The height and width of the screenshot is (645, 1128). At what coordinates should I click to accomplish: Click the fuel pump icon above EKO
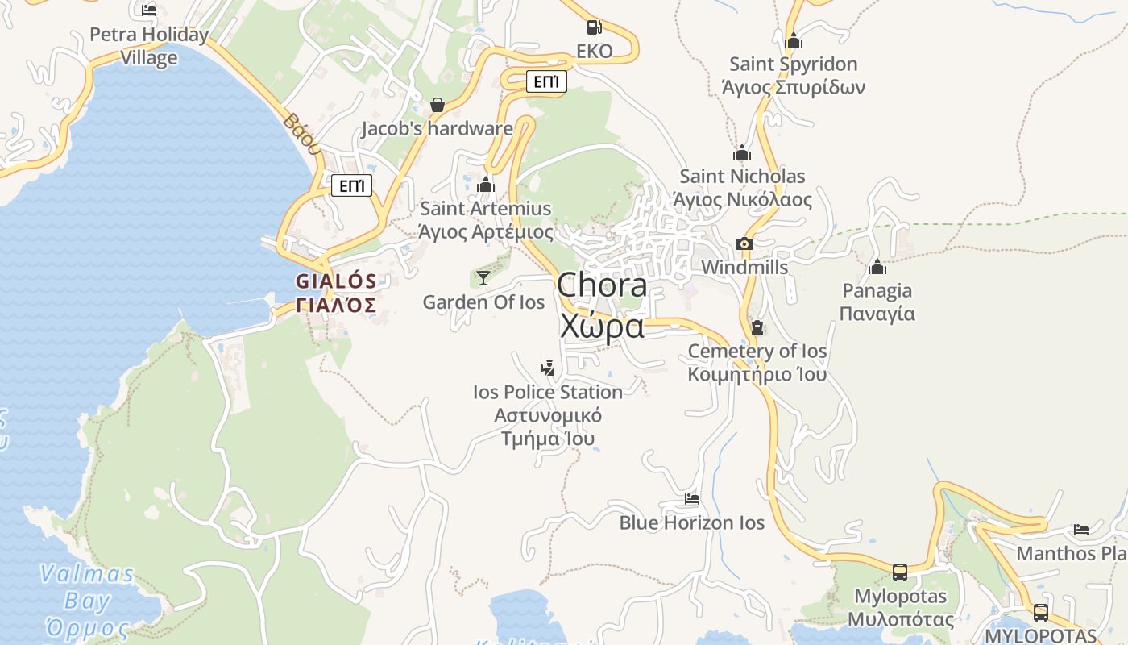click(x=594, y=27)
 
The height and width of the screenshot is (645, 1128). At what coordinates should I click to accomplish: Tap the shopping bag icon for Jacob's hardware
click(x=438, y=105)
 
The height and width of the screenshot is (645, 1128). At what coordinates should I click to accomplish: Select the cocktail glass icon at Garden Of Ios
click(x=483, y=278)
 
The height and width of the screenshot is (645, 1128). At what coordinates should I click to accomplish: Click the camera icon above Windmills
click(x=744, y=243)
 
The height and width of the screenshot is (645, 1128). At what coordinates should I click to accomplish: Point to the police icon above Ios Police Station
click(x=548, y=368)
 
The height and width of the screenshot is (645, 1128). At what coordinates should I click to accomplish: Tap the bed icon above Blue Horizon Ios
click(x=691, y=499)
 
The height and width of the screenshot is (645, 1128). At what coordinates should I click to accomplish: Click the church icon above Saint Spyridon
click(x=794, y=40)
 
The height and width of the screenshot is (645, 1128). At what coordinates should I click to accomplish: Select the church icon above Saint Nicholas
click(x=742, y=152)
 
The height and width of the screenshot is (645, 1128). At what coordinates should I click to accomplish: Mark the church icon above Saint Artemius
click(x=486, y=185)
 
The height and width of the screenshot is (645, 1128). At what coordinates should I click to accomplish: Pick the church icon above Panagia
click(x=877, y=267)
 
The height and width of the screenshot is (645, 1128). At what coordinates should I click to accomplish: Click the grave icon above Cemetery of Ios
click(x=757, y=327)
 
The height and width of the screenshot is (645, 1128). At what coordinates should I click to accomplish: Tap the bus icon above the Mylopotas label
click(x=900, y=572)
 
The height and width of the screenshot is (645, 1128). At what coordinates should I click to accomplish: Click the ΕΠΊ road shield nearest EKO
click(x=546, y=81)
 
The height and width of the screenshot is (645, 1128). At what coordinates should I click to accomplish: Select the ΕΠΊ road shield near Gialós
click(x=352, y=186)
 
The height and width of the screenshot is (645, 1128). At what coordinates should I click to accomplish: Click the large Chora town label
click(x=602, y=306)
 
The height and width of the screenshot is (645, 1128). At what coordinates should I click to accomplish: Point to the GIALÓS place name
click(x=336, y=281)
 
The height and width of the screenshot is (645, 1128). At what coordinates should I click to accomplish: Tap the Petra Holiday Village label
click(x=149, y=46)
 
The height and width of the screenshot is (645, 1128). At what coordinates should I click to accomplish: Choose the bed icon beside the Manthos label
click(x=1081, y=530)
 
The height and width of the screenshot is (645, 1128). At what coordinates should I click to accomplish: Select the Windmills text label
click(x=744, y=267)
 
